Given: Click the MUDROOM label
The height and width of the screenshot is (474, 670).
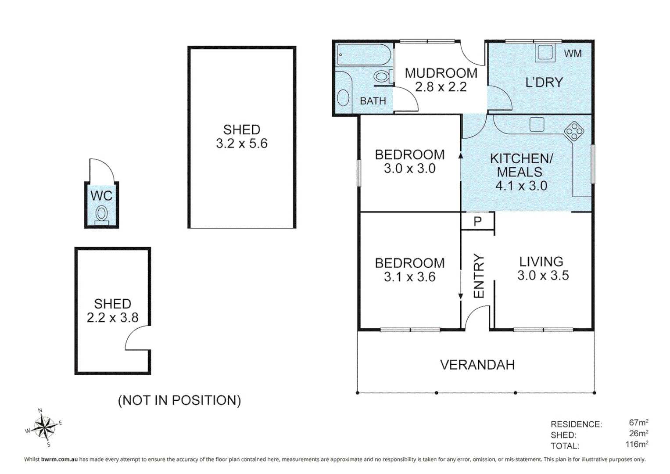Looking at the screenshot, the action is (441, 73).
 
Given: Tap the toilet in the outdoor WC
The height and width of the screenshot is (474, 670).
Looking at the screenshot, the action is (102, 215).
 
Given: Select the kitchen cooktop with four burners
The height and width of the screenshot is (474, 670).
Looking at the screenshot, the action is (574, 131).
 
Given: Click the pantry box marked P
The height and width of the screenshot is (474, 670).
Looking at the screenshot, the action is (478, 221).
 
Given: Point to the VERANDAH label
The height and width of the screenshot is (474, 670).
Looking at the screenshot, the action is (477, 365).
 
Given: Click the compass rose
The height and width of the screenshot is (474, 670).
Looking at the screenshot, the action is (44, 427).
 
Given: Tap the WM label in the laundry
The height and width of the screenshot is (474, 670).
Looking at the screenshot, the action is (573, 54).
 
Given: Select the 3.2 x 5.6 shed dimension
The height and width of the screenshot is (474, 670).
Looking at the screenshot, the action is (242, 144).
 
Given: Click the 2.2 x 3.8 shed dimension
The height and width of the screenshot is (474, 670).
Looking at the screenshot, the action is (112, 317).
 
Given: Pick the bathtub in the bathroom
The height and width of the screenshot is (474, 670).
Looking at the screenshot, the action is (363, 55).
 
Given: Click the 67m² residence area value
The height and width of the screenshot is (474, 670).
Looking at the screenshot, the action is (638, 422).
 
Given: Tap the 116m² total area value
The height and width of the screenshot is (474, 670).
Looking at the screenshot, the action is (637, 444).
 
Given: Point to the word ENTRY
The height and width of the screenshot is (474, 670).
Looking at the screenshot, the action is (479, 276).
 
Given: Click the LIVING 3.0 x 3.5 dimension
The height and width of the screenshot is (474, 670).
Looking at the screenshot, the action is (543, 275).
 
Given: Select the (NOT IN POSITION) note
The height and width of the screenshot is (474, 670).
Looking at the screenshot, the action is (179, 400).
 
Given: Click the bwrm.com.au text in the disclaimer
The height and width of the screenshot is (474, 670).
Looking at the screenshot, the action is (59, 459).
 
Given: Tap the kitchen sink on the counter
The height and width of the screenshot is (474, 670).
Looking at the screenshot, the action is (537, 125).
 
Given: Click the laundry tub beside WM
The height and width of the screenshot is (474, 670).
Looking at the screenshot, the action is (545, 53).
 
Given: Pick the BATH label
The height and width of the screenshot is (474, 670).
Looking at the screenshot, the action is (373, 101).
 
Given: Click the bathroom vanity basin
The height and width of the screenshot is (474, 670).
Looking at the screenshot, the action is (343, 97).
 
